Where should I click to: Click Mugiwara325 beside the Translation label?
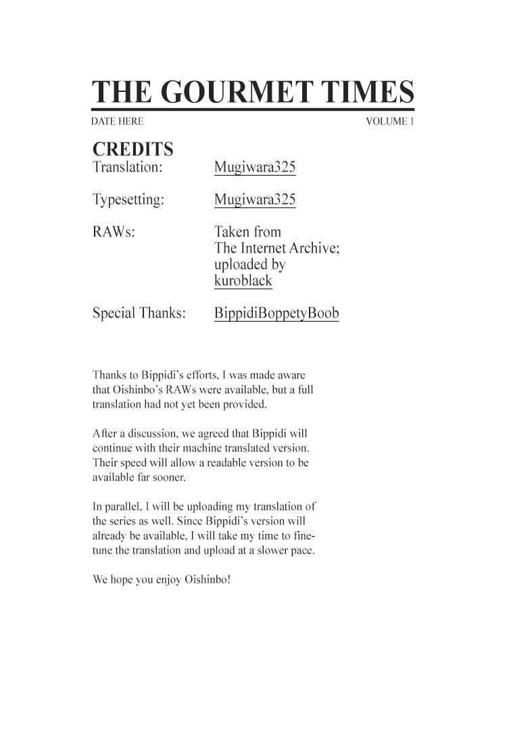tap(255, 168)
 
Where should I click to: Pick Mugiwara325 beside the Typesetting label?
tap(255, 200)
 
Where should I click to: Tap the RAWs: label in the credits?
tap(113, 233)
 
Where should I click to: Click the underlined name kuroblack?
tap(243, 281)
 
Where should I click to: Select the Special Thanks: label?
tap(139, 314)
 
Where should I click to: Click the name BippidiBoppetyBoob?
tap(276, 314)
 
